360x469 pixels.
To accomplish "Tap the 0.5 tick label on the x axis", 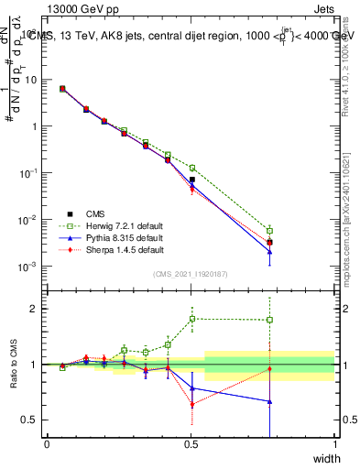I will [x=191, y=444].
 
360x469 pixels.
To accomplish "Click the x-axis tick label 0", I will [x=47, y=444].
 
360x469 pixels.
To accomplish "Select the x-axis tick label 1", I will [x=335, y=444].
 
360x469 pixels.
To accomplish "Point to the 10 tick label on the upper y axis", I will [x=31, y=80].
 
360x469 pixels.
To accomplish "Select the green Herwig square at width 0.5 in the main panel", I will [x=191, y=169].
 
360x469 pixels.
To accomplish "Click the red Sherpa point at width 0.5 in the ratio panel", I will [x=191, y=404].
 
